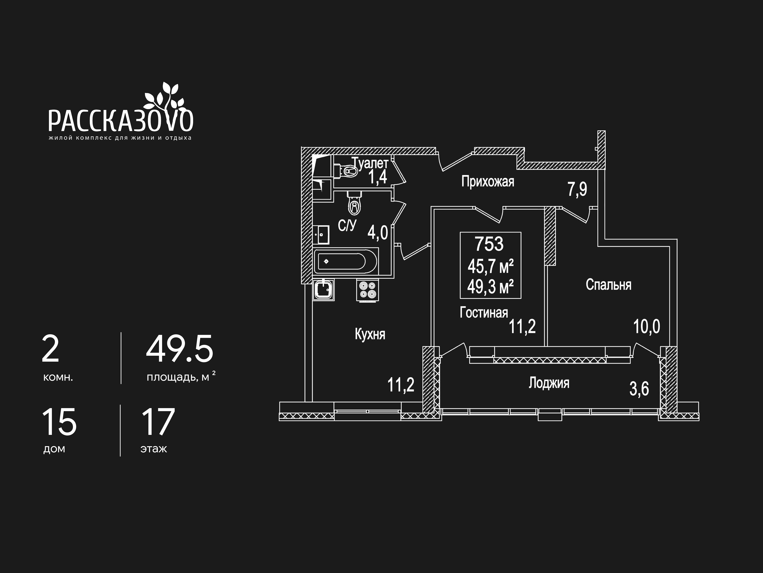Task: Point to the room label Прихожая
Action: (x=487, y=182)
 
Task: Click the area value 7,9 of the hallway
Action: (x=577, y=189)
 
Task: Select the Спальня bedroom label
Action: (x=608, y=285)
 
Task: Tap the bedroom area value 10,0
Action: (x=646, y=326)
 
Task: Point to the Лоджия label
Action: (x=549, y=383)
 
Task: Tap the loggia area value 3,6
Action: (x=639, y=389)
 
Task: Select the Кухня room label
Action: (x=370, y=334)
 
